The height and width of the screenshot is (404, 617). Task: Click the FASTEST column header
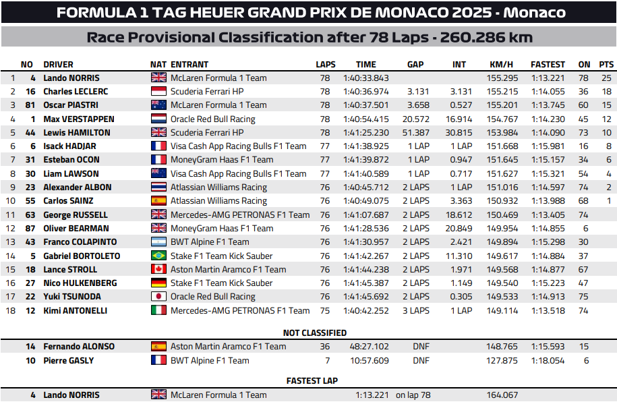548,65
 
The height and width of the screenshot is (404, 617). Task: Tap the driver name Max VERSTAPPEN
79,119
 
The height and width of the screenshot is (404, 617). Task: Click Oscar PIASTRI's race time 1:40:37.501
365,105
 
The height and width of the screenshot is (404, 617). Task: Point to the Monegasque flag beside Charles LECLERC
158,92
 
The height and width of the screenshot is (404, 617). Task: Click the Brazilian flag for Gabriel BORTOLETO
158,256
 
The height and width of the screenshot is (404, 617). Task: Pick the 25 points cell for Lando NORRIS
606,78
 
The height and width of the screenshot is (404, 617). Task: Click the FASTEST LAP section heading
312,381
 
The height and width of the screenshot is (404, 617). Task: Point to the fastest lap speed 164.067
502,395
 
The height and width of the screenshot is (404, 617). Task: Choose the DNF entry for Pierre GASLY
421,361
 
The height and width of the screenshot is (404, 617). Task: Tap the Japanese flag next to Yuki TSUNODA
158,297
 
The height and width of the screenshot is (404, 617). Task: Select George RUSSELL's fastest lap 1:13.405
548,215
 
